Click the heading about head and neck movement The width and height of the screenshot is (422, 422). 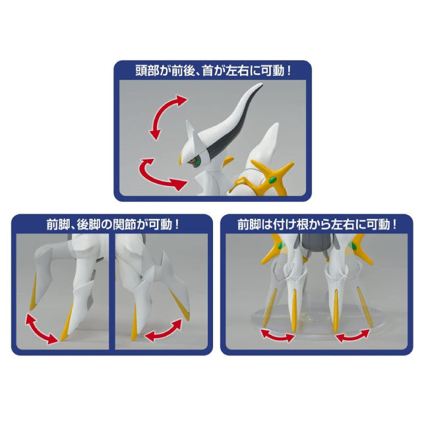213,71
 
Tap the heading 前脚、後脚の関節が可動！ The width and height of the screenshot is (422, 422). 113,224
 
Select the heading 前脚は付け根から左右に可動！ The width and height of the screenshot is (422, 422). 316,224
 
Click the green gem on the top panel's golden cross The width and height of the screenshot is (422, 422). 272,180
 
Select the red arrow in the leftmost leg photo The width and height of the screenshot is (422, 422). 41,329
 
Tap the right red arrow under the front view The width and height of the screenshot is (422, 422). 353,336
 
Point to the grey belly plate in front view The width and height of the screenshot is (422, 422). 316,243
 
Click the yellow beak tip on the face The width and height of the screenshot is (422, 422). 181,159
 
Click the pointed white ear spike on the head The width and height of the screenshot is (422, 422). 191,129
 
